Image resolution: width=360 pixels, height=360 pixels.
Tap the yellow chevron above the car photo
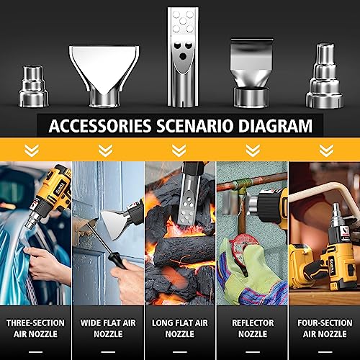click(x=32, y=150)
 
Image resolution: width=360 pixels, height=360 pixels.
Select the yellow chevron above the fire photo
click(x=179, y=150)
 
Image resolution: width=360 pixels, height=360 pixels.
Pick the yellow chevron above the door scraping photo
click(x=106, y=150)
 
